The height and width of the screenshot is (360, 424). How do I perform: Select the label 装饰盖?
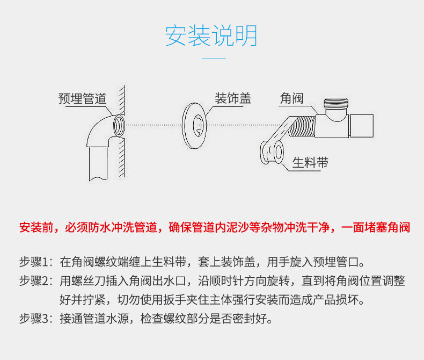point(232,99)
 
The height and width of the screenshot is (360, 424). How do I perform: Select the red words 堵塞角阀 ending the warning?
point(392,227)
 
